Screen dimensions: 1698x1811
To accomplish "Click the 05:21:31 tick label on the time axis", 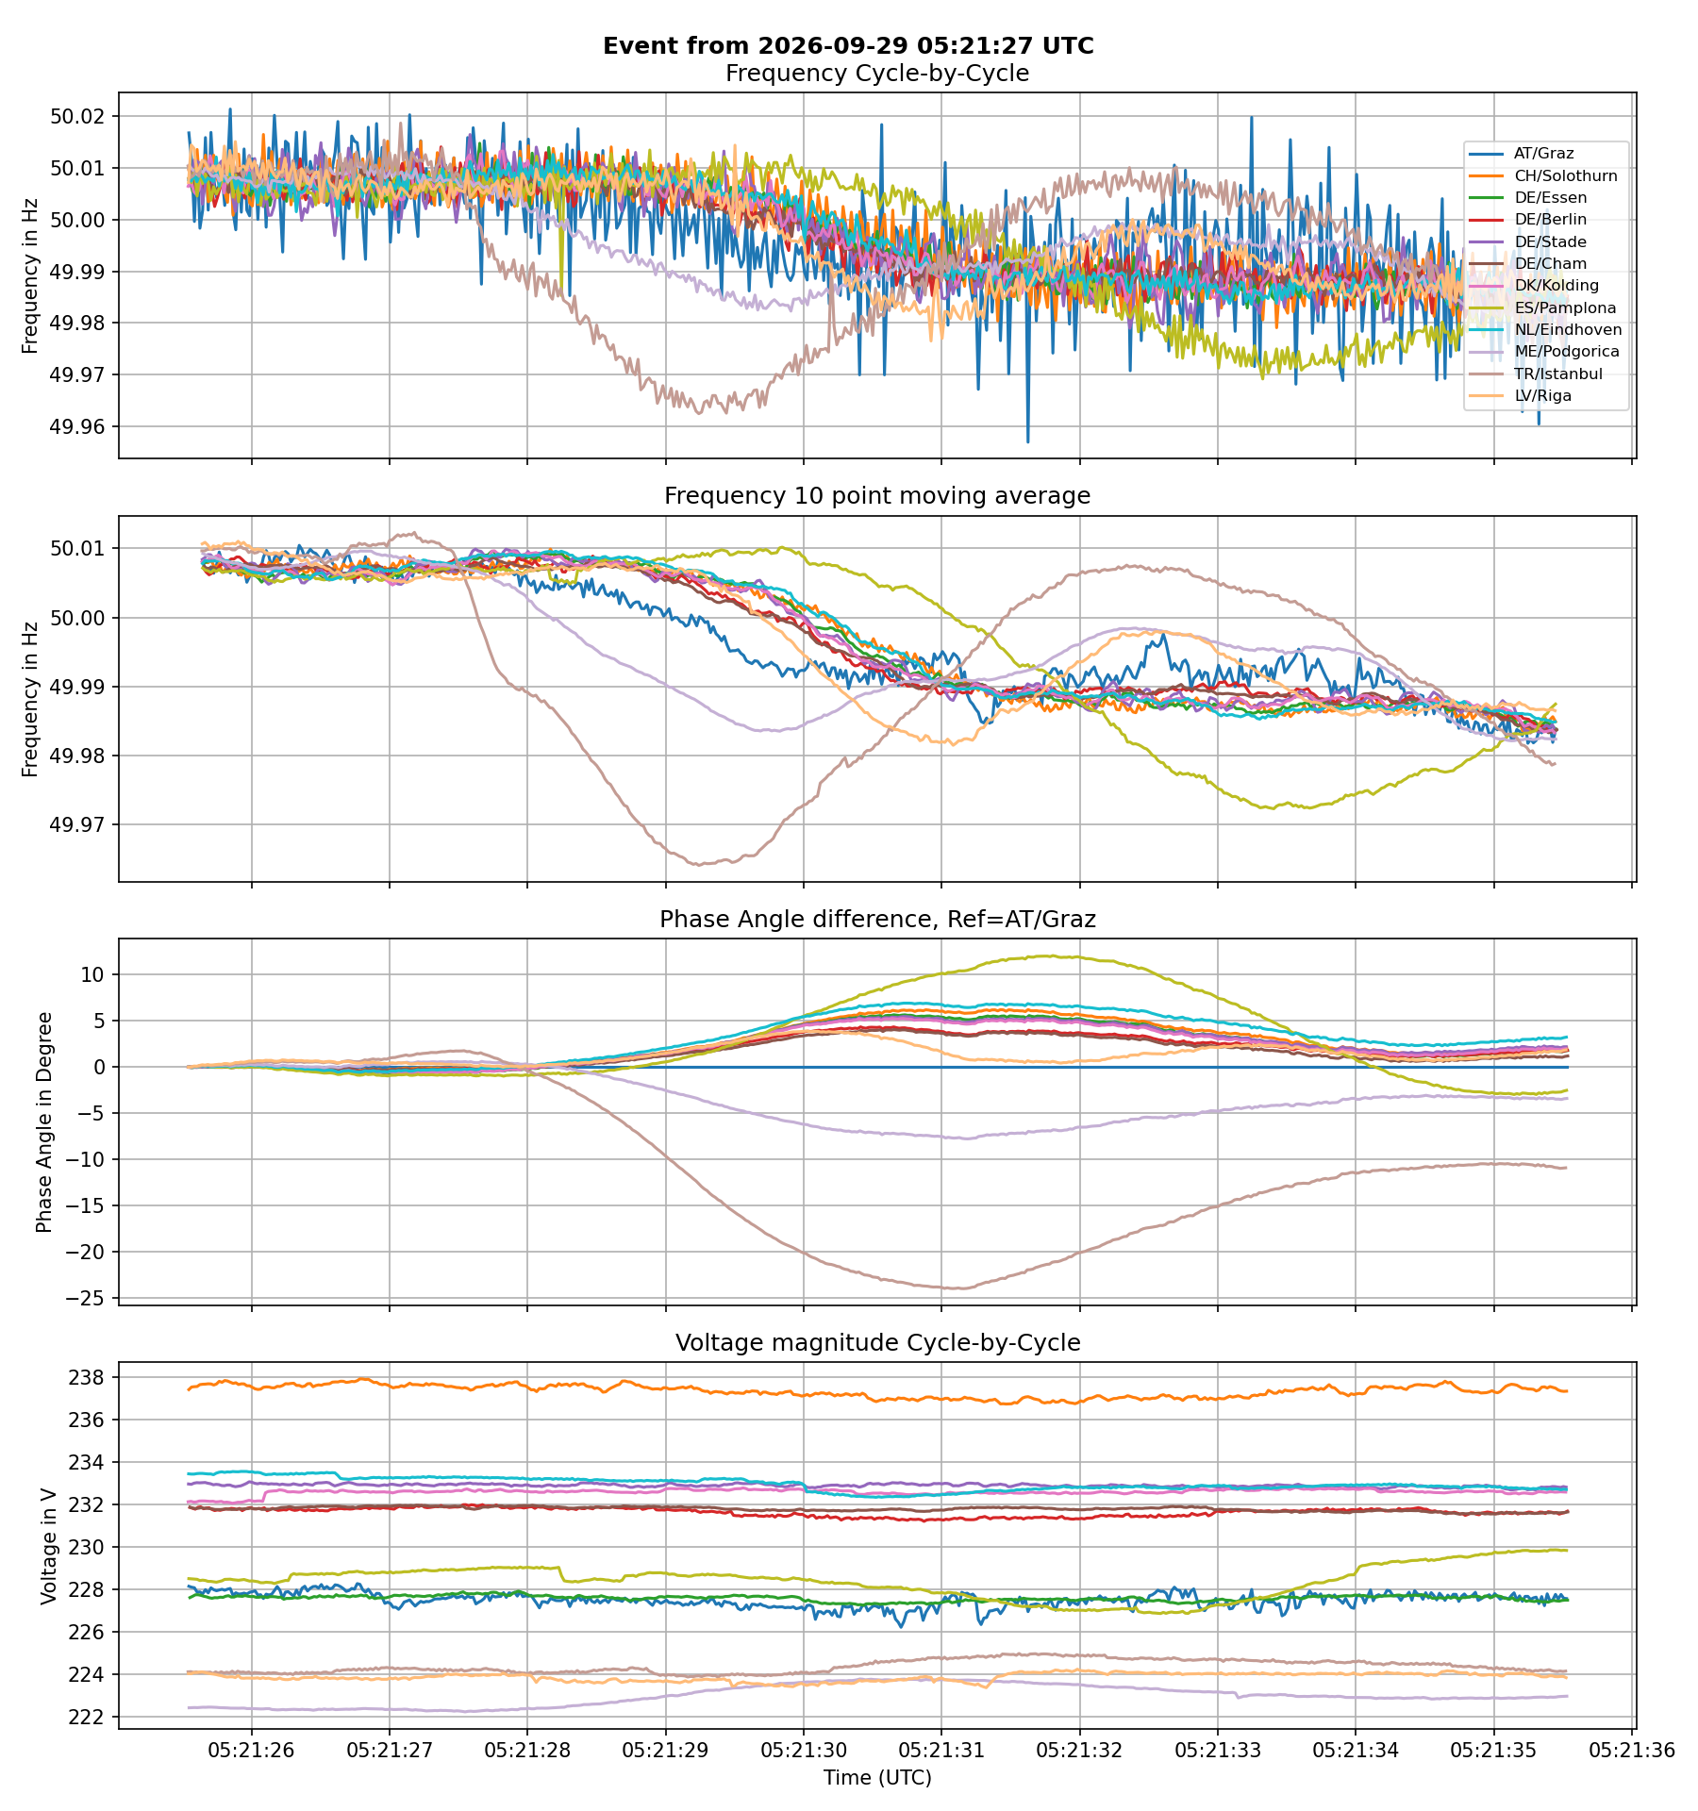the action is [941, 1751].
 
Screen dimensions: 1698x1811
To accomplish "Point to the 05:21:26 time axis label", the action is [252, 1751].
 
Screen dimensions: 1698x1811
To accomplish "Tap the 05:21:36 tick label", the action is [1632, 1751].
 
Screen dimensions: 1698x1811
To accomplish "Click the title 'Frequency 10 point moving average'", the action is [877, 496].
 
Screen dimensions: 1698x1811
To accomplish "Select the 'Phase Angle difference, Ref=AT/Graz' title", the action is [877, 920].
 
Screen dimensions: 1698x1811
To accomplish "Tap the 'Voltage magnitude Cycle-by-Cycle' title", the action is [877, 1342].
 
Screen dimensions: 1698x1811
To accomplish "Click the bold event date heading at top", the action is [848, 46].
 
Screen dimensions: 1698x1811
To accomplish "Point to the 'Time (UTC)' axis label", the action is [877, 1778].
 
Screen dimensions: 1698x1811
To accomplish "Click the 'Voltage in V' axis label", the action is [49, 1546].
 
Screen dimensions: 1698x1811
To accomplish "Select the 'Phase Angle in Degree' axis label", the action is [43, 1122].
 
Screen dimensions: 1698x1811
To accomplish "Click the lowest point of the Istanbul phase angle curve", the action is [957, 1288].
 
